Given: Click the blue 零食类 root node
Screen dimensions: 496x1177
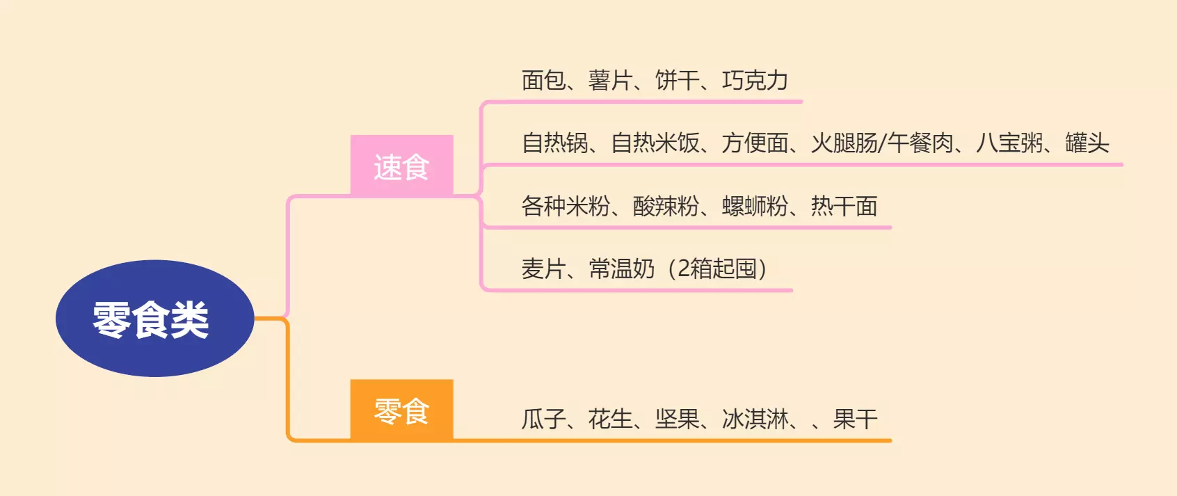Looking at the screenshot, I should point(154,319).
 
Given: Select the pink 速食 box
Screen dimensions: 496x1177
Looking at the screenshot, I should point(401,166).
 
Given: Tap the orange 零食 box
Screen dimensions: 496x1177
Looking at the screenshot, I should point(401,410).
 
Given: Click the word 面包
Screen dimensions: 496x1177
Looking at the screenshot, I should point(543,81).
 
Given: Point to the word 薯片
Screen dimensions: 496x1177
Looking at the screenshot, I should point(610,81).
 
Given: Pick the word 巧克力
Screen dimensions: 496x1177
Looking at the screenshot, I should point(755,81).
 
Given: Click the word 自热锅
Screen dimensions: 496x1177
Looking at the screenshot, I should point(555,143).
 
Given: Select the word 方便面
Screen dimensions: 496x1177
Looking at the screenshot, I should point(755,143).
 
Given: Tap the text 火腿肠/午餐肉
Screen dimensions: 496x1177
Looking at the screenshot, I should point(882,143).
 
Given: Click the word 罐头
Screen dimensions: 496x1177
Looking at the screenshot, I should point(1087,143).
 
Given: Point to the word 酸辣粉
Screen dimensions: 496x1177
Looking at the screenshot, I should point(666,206).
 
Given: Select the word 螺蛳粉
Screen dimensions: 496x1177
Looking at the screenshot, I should point(755,206).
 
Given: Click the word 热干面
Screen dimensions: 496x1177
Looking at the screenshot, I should point(844,206).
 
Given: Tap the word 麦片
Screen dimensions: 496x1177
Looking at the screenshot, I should point(543,269).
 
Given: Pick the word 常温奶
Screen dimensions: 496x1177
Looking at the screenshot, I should point(621,269).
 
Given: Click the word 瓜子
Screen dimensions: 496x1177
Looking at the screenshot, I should point(543,419).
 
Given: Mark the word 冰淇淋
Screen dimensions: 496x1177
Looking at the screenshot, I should point(755,419).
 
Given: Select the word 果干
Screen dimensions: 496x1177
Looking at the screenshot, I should point(855,419).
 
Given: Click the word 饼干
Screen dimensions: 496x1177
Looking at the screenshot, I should point(677,81).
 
